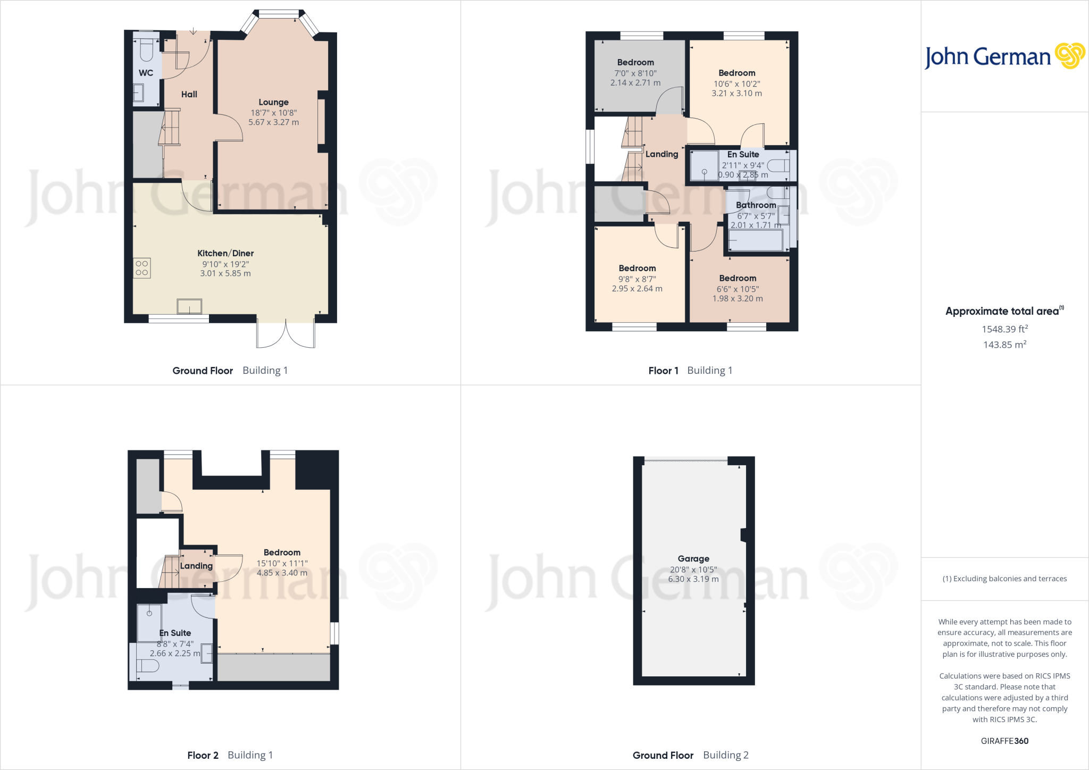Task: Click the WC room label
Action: (x=146, y=73)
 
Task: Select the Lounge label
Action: (x=273, y=102)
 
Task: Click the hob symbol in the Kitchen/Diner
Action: (x=142, y=268)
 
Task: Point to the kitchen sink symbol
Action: (x=189, y=306)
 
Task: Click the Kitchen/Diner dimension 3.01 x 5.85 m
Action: (x=225, y=273)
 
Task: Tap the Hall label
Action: (x=189, y=94)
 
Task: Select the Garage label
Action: (x=693, y=558)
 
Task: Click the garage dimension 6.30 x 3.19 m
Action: (x=693, y=579)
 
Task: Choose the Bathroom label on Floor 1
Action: (x=756, y=205)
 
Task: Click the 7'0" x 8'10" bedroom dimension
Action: (x=635, y=73)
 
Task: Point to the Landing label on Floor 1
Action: (x=661, y=154)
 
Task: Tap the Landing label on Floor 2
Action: (x=196, y=566)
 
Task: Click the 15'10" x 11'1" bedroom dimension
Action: (x=282, y=563)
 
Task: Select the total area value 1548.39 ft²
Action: (x=1004, y=329)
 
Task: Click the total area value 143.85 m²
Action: (x=1004, y=345)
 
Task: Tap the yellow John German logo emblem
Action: (x=1069, y=56)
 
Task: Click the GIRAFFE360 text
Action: (x=1004, y=741)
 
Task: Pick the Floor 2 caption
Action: (x=203, y=755)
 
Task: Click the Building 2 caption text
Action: (x=725, y=755)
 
